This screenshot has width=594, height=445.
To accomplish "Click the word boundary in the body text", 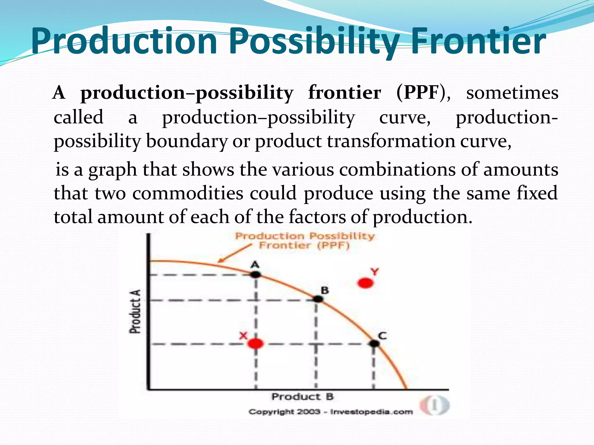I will click(x=186, y=142).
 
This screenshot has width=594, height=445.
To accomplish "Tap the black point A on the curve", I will click(x=255, y=274).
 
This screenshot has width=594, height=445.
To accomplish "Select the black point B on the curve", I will click(x=318, y=299).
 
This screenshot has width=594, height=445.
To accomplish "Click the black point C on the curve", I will click(x=374, y=344).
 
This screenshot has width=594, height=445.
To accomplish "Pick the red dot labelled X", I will click(x=256, y=344).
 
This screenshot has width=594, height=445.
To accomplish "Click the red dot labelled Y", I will click(x=365, y=283).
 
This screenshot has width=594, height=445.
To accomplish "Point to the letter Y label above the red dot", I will click(x=374, y=272).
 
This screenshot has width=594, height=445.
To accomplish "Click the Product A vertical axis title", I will click(x=135, y=311).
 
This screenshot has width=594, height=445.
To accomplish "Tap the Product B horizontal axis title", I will click(x=303, y=397).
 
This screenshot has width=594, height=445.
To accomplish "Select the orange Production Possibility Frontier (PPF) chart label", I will click(x=305, y=241).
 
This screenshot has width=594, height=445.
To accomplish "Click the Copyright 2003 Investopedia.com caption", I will click(x=330, y=412).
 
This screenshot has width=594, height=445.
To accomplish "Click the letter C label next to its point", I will click(x=382, y=336).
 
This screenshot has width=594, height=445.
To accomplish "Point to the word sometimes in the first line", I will click(x=512, y=93).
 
